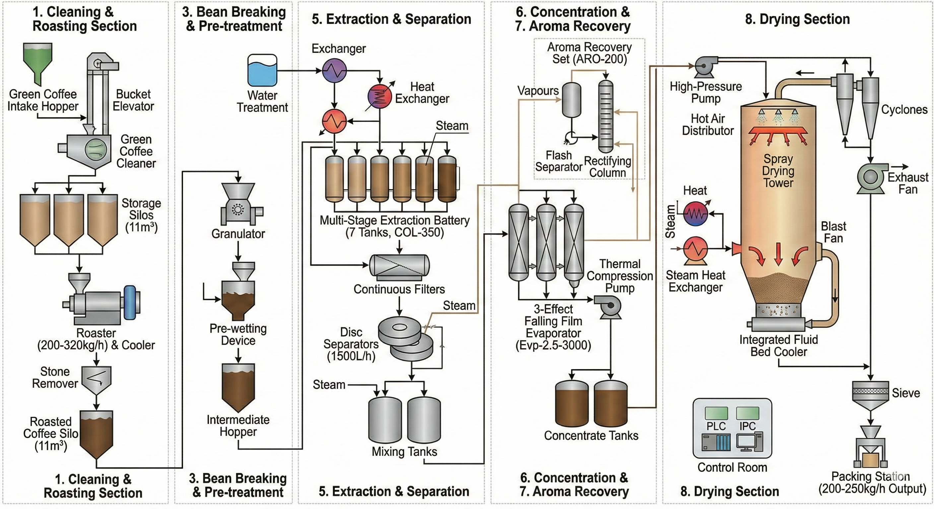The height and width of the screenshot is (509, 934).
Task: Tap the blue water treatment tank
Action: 262,71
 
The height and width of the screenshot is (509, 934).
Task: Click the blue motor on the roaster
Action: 129,303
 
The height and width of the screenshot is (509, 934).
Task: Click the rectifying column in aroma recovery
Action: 606,116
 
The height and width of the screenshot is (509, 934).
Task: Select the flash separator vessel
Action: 571,100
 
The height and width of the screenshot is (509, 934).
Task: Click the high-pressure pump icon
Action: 705,67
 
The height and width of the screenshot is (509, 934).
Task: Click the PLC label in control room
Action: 716,426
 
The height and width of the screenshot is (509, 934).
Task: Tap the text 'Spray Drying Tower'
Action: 778,171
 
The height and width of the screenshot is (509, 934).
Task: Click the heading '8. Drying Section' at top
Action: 797,19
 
